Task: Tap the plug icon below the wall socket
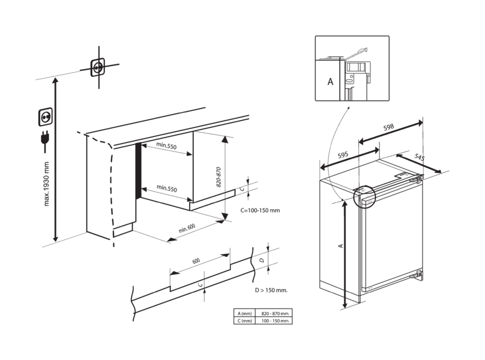pos(44,139)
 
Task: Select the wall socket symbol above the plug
pos(45,115)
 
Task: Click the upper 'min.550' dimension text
pos(166,146)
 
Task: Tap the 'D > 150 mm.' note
pos(270,291)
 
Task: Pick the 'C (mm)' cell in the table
pos(246,321)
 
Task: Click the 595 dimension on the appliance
pos(343,156)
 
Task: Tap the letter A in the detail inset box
pos(329,79)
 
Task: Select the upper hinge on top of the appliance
pos(415,179)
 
